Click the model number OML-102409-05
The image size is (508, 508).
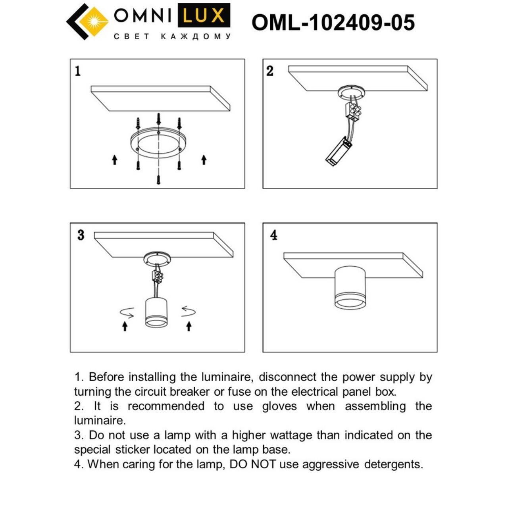pyautogui.click(x=333, y=23)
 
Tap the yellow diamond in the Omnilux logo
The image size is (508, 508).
pyautogui.click(x=94, y=21)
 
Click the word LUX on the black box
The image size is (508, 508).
pyautogui.click(x=204, y=15)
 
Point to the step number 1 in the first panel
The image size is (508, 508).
pyautogui.click(x=78, y=71)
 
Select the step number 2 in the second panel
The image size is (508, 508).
pyautogui.click(x=270, y=71)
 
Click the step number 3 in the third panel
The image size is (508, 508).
pyautogui.click(x=81, y=235)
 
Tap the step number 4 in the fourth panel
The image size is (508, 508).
pyautogui.click(x=274, y=235)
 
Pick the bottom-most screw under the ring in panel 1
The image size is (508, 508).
pyautogui.click(x=158, y=179)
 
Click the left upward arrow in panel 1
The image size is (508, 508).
pyautogui.click(x=114, y=160)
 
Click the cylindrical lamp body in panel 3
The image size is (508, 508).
pyautogui.click(x=156, y=312)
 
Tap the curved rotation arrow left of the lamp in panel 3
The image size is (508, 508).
pyautogui.click(x=127, y=312)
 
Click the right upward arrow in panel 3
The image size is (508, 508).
pyautogui.click(x=189, y=326)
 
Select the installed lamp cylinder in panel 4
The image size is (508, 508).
pyautogui.click(x=350, y=287)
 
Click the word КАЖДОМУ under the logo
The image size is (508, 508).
pyautogui.click(x=196, y=37)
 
